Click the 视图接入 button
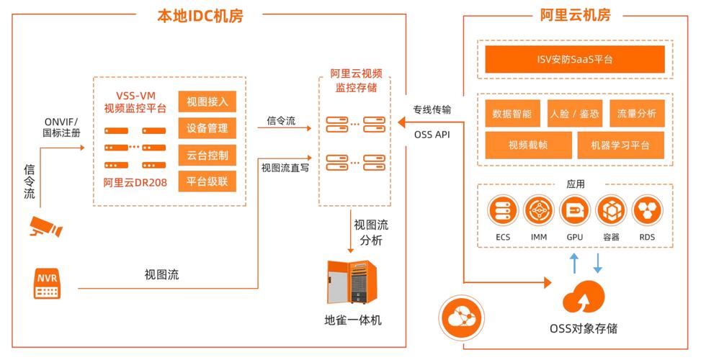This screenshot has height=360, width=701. [207, 102]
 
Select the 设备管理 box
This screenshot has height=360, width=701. [207, 128]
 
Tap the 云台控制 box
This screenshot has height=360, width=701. [207, 155]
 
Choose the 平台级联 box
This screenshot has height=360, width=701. [207, 181]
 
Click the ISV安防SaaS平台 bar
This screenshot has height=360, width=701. [573, 60]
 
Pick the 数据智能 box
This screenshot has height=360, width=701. [512, 113]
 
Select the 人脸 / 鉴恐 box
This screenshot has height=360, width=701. [574, 113]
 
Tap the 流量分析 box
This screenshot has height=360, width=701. [636, 113]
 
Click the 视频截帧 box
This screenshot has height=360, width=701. [527, 145]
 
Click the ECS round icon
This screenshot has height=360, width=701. [503, 211]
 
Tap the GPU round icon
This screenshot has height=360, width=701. [575, 211]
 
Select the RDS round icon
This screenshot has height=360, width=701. [646, 211]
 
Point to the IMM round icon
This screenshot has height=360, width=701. [539, 211]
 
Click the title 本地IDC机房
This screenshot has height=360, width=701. [200, 15]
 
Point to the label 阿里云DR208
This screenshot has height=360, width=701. [135, 182]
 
